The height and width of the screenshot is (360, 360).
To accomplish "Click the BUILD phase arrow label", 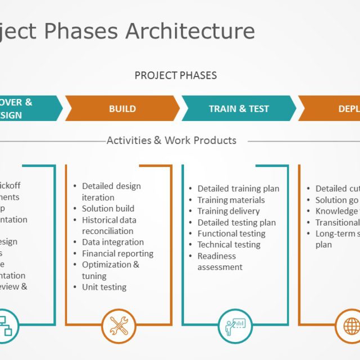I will coord(122,109).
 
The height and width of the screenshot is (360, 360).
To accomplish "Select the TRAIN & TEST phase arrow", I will coord(238,109).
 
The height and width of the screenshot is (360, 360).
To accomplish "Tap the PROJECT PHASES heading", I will coord(175,75).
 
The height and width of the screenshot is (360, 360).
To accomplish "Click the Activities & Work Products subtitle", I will coord(171,141).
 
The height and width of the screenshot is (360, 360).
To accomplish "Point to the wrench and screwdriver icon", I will coord(119,326).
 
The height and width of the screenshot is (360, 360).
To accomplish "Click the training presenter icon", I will coord(235,326).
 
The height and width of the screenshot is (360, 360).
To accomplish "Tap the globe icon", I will coord(352,326).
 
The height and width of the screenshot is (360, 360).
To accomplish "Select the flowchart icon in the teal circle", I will coord(6,326).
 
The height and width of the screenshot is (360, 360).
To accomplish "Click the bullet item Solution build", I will coord(108,209).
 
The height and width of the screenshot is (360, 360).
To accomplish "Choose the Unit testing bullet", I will coord(104,287).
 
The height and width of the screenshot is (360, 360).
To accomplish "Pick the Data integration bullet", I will coord(112,242).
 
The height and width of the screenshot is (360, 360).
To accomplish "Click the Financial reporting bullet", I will coord(118,253).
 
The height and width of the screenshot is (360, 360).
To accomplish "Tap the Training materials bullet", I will coord(231,200).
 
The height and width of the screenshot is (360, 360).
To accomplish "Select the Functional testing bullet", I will coord(231,233).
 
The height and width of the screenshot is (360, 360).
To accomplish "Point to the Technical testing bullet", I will coord(228,245).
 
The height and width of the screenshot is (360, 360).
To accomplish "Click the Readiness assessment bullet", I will coord(219,262).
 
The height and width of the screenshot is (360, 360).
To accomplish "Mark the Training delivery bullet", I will coord(228,211).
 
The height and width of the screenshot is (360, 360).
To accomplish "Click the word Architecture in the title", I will coord(190,31).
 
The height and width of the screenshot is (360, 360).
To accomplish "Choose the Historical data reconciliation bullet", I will coord(109,226).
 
